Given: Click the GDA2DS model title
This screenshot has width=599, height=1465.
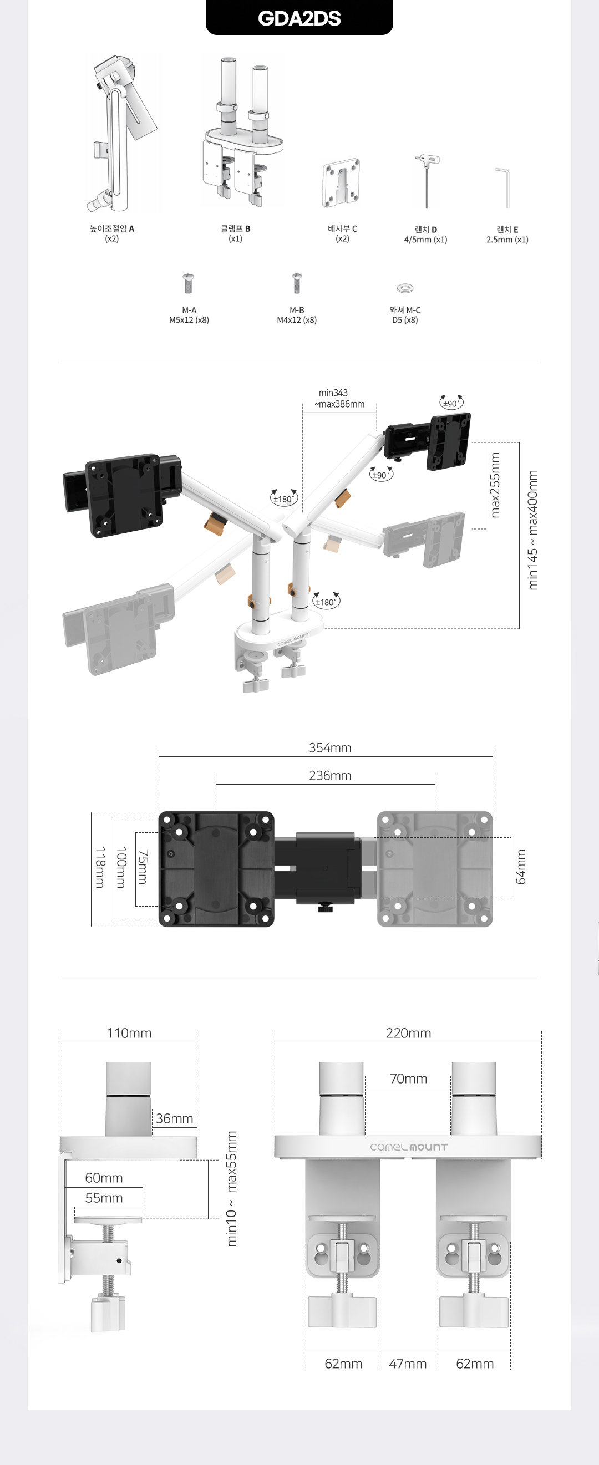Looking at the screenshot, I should click(299, 18).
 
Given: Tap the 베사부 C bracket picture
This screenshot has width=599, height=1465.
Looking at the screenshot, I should click(341, 183).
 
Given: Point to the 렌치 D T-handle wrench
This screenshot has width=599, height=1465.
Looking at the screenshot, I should click(426, 182).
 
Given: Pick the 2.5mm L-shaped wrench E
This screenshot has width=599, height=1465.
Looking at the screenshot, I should click(504, 187).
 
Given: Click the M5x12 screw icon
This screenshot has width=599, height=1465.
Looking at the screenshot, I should click(188, 283).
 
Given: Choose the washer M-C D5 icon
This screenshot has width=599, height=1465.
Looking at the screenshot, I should click(405, 288).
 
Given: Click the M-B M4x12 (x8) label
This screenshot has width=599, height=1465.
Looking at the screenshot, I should click(296, 315).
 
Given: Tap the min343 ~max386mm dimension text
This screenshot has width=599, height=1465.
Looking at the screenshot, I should click(339, 399).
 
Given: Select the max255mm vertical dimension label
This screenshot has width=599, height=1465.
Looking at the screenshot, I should click(495, 485).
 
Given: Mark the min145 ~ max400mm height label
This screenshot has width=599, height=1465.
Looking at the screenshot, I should click(533, 530).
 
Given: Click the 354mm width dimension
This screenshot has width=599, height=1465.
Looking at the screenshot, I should click(330, 748).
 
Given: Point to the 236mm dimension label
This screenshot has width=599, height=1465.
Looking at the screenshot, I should click(330, 776).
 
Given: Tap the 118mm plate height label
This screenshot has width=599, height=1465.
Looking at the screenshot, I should click(99, 867).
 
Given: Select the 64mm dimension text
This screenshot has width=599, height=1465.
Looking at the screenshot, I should click(520, 867).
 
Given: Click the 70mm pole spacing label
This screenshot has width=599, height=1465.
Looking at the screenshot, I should click(408, 1079).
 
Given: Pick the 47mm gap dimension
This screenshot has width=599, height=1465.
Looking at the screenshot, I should click(407, 1364).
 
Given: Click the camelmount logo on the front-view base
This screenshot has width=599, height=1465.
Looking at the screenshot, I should click(408, 1147).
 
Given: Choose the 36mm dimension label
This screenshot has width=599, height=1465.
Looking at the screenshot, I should click(174, 1118).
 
